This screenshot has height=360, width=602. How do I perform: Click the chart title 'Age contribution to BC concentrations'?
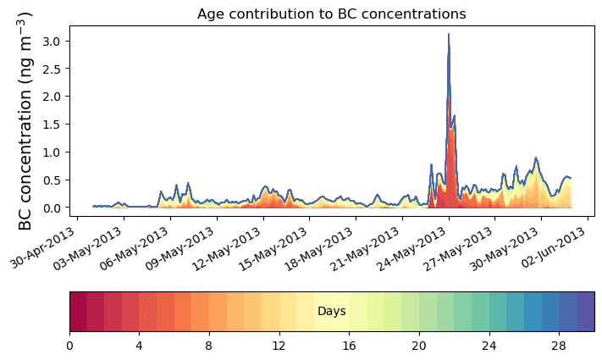[331, 14]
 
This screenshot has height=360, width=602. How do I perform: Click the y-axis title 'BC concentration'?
[25, 120]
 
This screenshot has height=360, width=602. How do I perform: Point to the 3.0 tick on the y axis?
[51, 41]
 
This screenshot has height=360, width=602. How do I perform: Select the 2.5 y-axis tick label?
[51, 69]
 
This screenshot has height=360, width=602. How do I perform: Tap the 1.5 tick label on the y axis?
[51, 125]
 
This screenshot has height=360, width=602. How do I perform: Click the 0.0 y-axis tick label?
[51, 208]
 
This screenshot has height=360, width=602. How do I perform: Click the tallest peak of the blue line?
[448, 35]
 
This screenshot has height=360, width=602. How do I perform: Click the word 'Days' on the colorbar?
[331, 312]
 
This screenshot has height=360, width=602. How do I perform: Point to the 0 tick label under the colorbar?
[69, 346]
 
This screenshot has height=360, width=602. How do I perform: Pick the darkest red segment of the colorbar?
[78, 312]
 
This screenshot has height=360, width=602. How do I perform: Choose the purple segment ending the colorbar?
[585, 312]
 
